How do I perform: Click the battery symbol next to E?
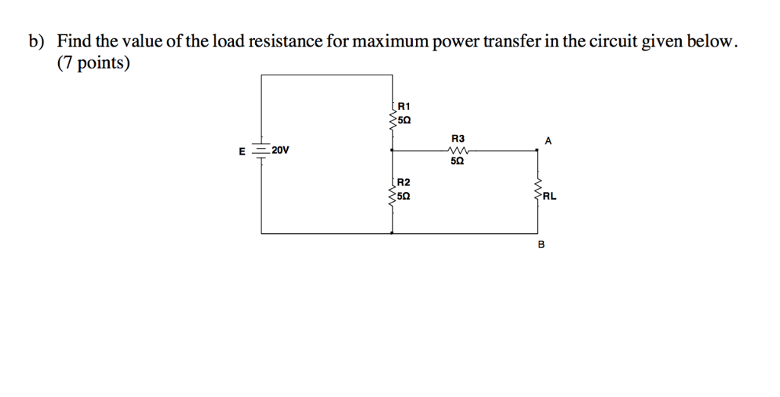[x=261, y=151]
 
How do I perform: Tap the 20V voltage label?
[x=280, y=150]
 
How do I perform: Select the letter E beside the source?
[x=242, y=152]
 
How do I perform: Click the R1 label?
[x=404, y=106]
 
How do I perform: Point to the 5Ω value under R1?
[x=404, y=120]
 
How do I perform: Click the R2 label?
[x=404, y=182]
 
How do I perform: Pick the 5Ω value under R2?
[x=404, y=197]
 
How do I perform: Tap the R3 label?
[x=457, y=138]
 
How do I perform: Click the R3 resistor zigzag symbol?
[x=457, y=151]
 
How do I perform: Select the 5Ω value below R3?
[x=457, y=162]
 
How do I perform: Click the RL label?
[x=550, y=196]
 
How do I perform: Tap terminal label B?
[x=542, y=245]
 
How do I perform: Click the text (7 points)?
[x=93, y=64]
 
